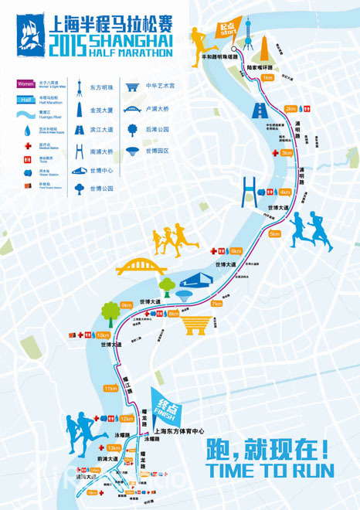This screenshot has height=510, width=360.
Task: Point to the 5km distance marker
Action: click(x=274, y=233)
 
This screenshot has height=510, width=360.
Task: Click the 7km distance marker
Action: click(x=216, y=304)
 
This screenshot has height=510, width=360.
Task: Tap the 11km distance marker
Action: click(x=110, y=389)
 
